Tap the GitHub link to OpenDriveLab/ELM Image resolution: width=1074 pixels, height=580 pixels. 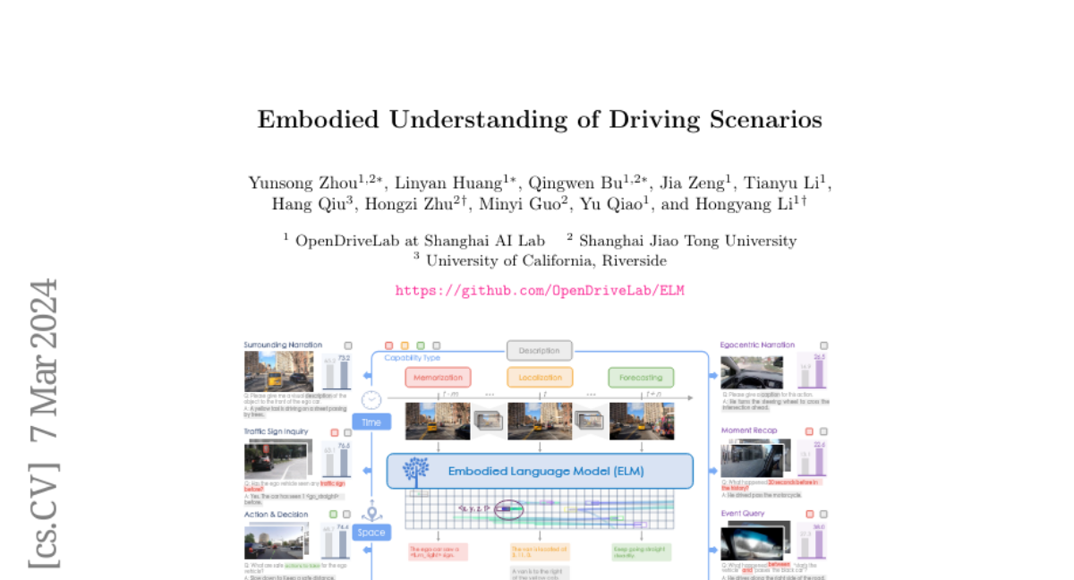click(540, 291)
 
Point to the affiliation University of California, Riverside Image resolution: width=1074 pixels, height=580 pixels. click(546, 260)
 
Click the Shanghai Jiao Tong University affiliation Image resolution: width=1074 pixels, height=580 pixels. click(687, 241)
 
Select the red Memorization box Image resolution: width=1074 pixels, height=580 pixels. click(438, 378)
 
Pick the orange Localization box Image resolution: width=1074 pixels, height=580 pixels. click(540, 378)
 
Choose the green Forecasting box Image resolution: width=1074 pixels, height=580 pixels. click(641, 378)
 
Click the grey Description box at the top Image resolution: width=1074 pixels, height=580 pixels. click(539, 351)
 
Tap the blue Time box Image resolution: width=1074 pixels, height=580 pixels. click(371, 422)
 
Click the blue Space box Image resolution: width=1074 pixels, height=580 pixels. click(371, 533)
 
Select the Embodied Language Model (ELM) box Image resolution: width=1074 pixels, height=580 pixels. click(540, 471)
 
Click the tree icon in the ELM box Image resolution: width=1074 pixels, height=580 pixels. click(415, 471)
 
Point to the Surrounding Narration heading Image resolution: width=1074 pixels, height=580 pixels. click(283, 345)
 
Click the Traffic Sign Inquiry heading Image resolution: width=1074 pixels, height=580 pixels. click(276, 431)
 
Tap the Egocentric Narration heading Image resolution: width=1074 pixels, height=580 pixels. click(757, 345)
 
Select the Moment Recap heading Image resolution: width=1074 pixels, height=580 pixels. click(749, 431)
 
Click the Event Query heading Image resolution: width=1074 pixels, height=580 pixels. click(743, 514)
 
